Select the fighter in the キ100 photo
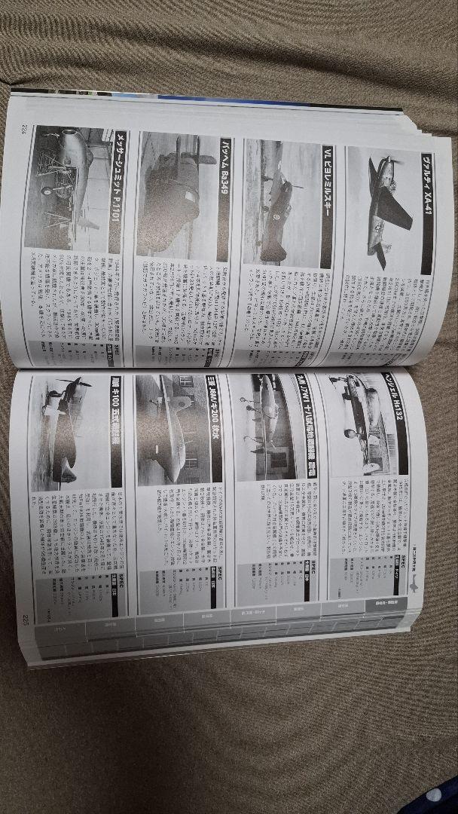click(64, 430)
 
